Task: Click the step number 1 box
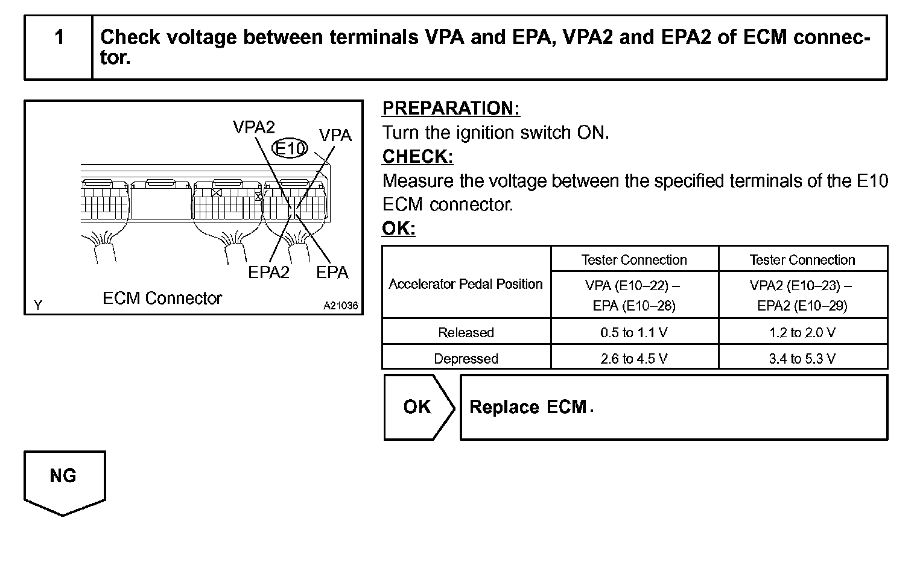(x=59, y=48)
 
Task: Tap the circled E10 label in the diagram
(x=290, y=148)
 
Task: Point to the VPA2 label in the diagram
(x=254, y=127)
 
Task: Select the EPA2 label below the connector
(x=269, y=272)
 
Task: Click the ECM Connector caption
(x=162, y=298)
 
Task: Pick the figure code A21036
(x=340, y=306)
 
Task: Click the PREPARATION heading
(x=451, y=109)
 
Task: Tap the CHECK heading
(x=417, y=157)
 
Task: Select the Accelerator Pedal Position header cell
(x=466, y=283)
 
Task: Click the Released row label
(x=466, y=332)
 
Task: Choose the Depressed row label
(x=466, y=358)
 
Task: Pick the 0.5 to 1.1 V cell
(x=634, y=332)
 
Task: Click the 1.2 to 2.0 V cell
(x=802, y=332)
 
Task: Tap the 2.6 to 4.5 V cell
(x=634, y=358)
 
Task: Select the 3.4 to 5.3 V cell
(x=802, y=358)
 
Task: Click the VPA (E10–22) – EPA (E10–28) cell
(x=634, y=295)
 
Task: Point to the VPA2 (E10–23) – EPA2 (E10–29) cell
(x=802, y=295)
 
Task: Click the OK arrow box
(x=417, y=407)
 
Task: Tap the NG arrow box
(x=63, y=479)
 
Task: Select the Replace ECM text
(x=528, y=407)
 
